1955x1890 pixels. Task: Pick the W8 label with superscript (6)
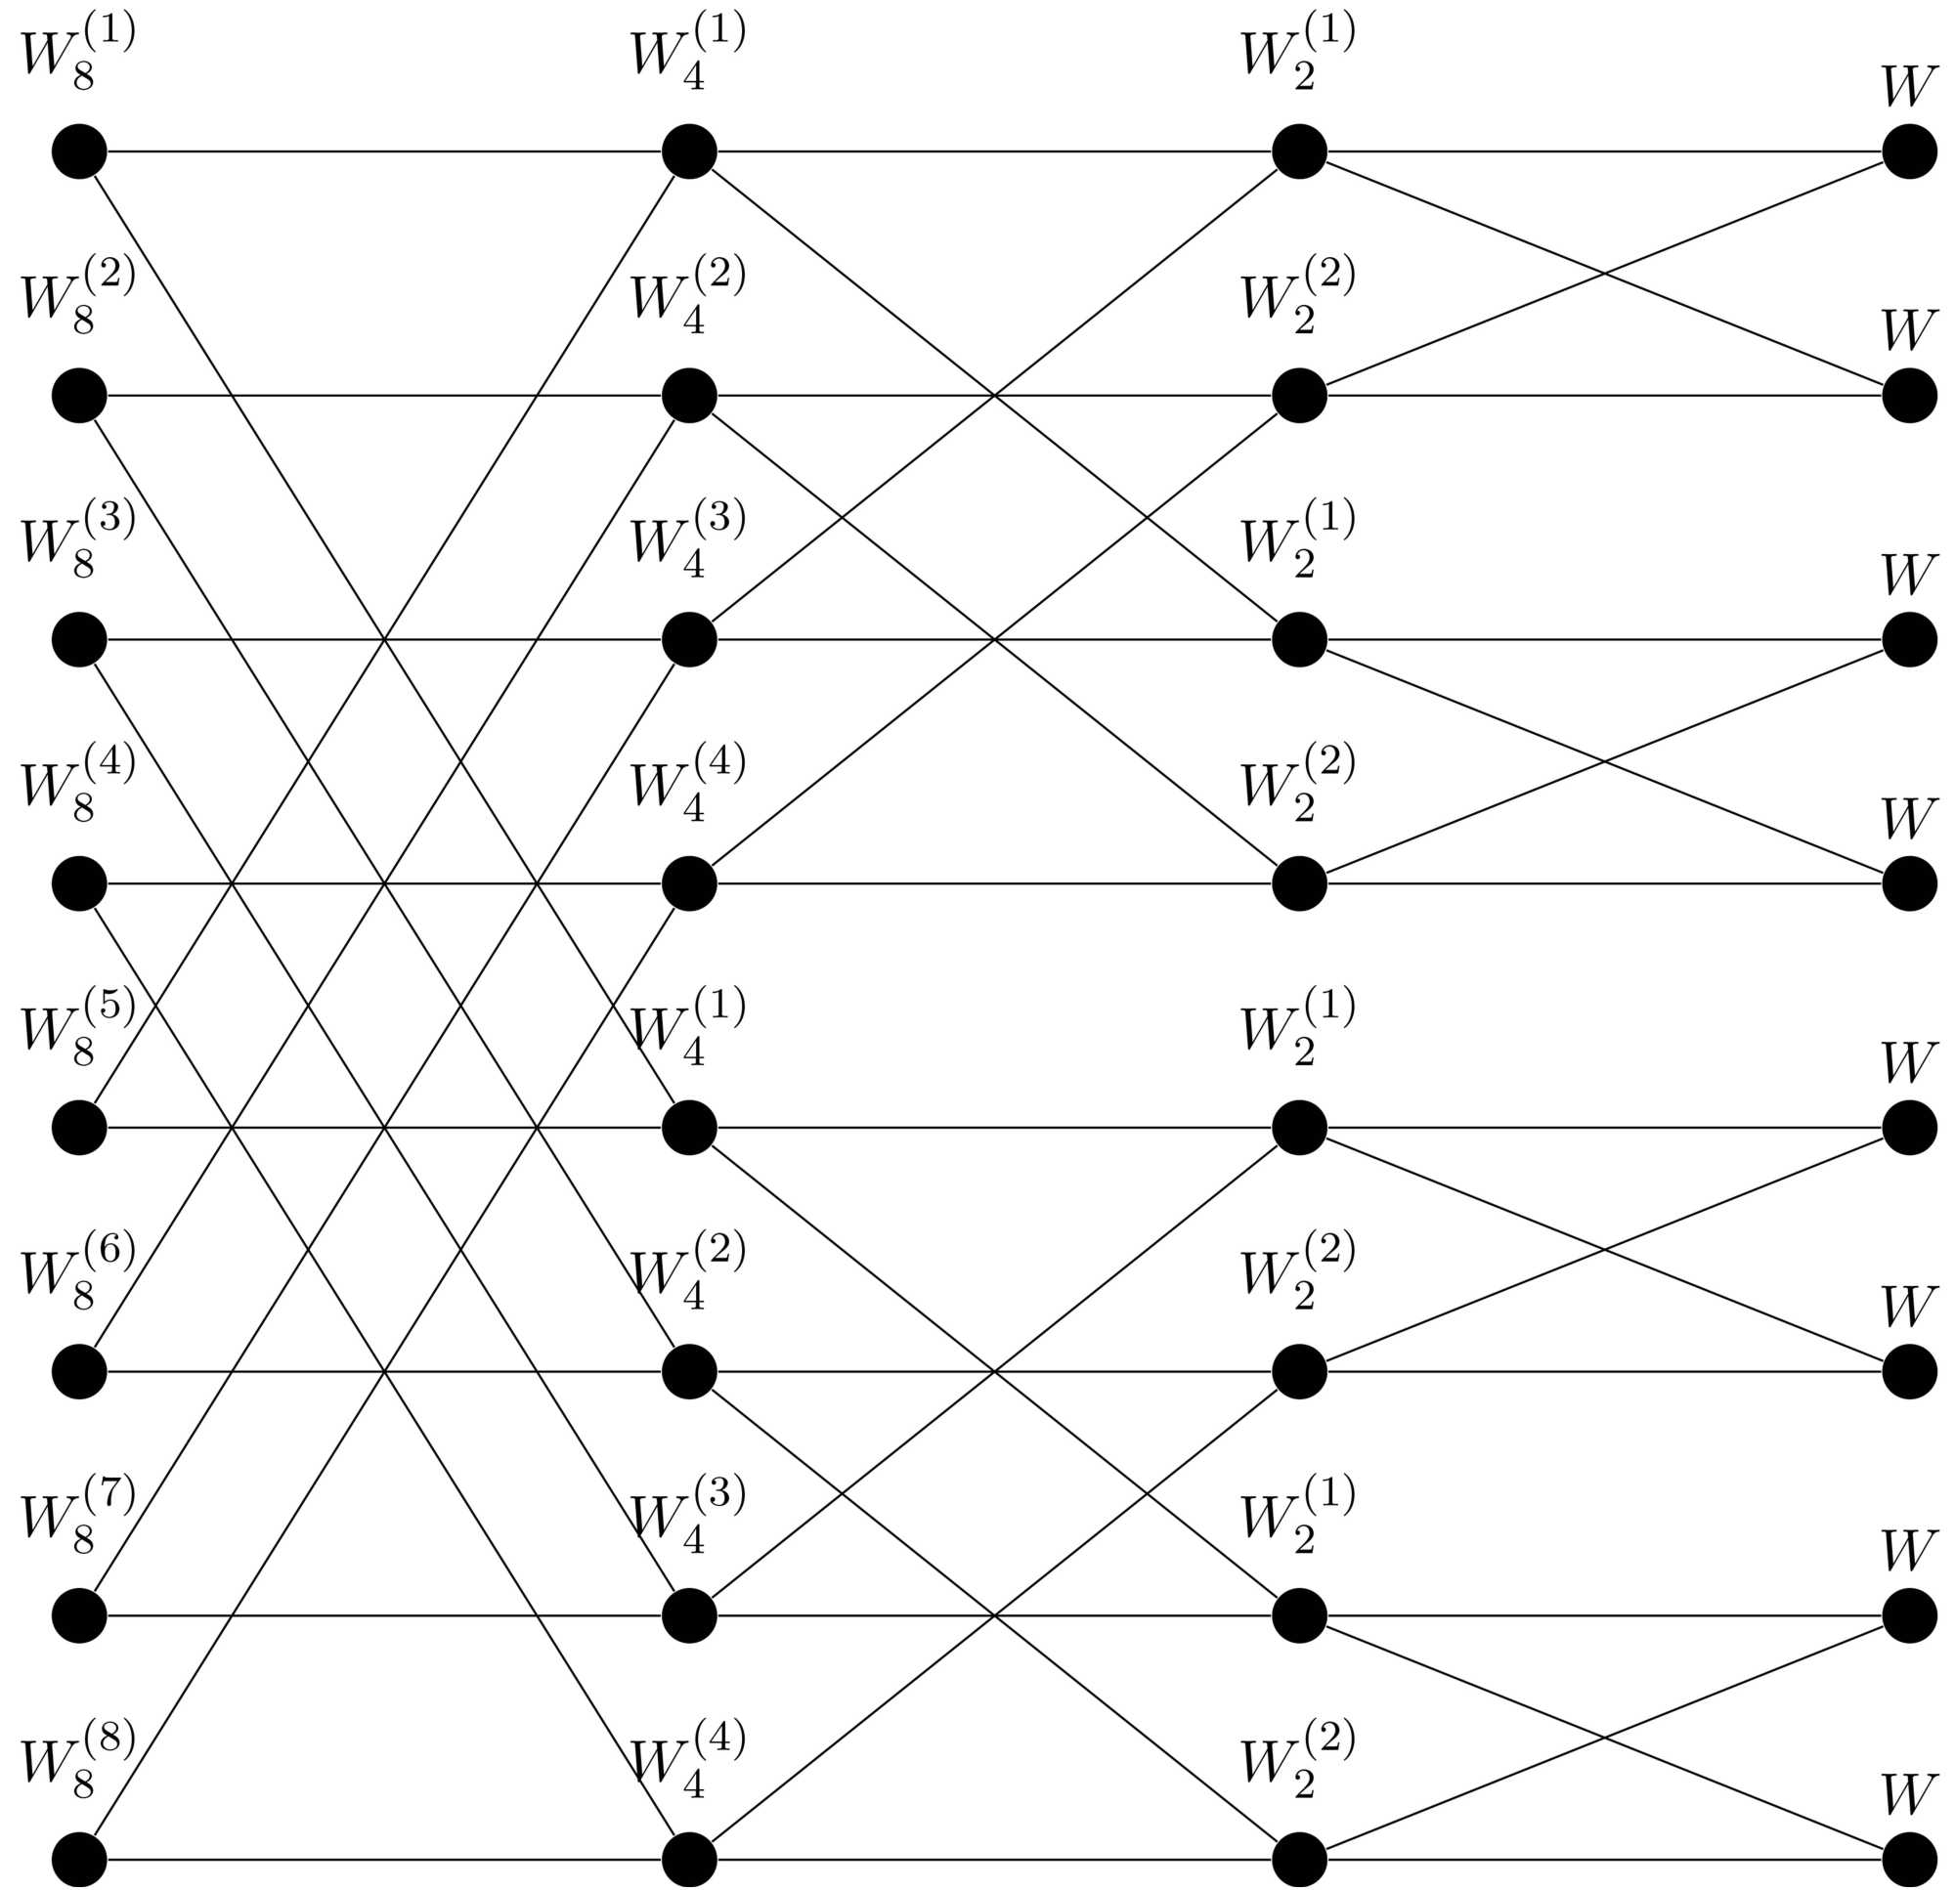(77, 1273)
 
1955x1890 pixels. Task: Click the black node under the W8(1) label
(80, 151)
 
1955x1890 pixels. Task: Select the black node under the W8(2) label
(80, 396)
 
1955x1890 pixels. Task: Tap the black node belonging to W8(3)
(80, 639)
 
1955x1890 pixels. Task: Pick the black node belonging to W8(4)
(80, 883)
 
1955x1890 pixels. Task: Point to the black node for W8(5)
(80, 1128)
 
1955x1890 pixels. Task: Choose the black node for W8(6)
(80, 1372)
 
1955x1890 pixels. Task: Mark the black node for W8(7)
(80, 1615)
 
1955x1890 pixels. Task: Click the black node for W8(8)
(80, 1860)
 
